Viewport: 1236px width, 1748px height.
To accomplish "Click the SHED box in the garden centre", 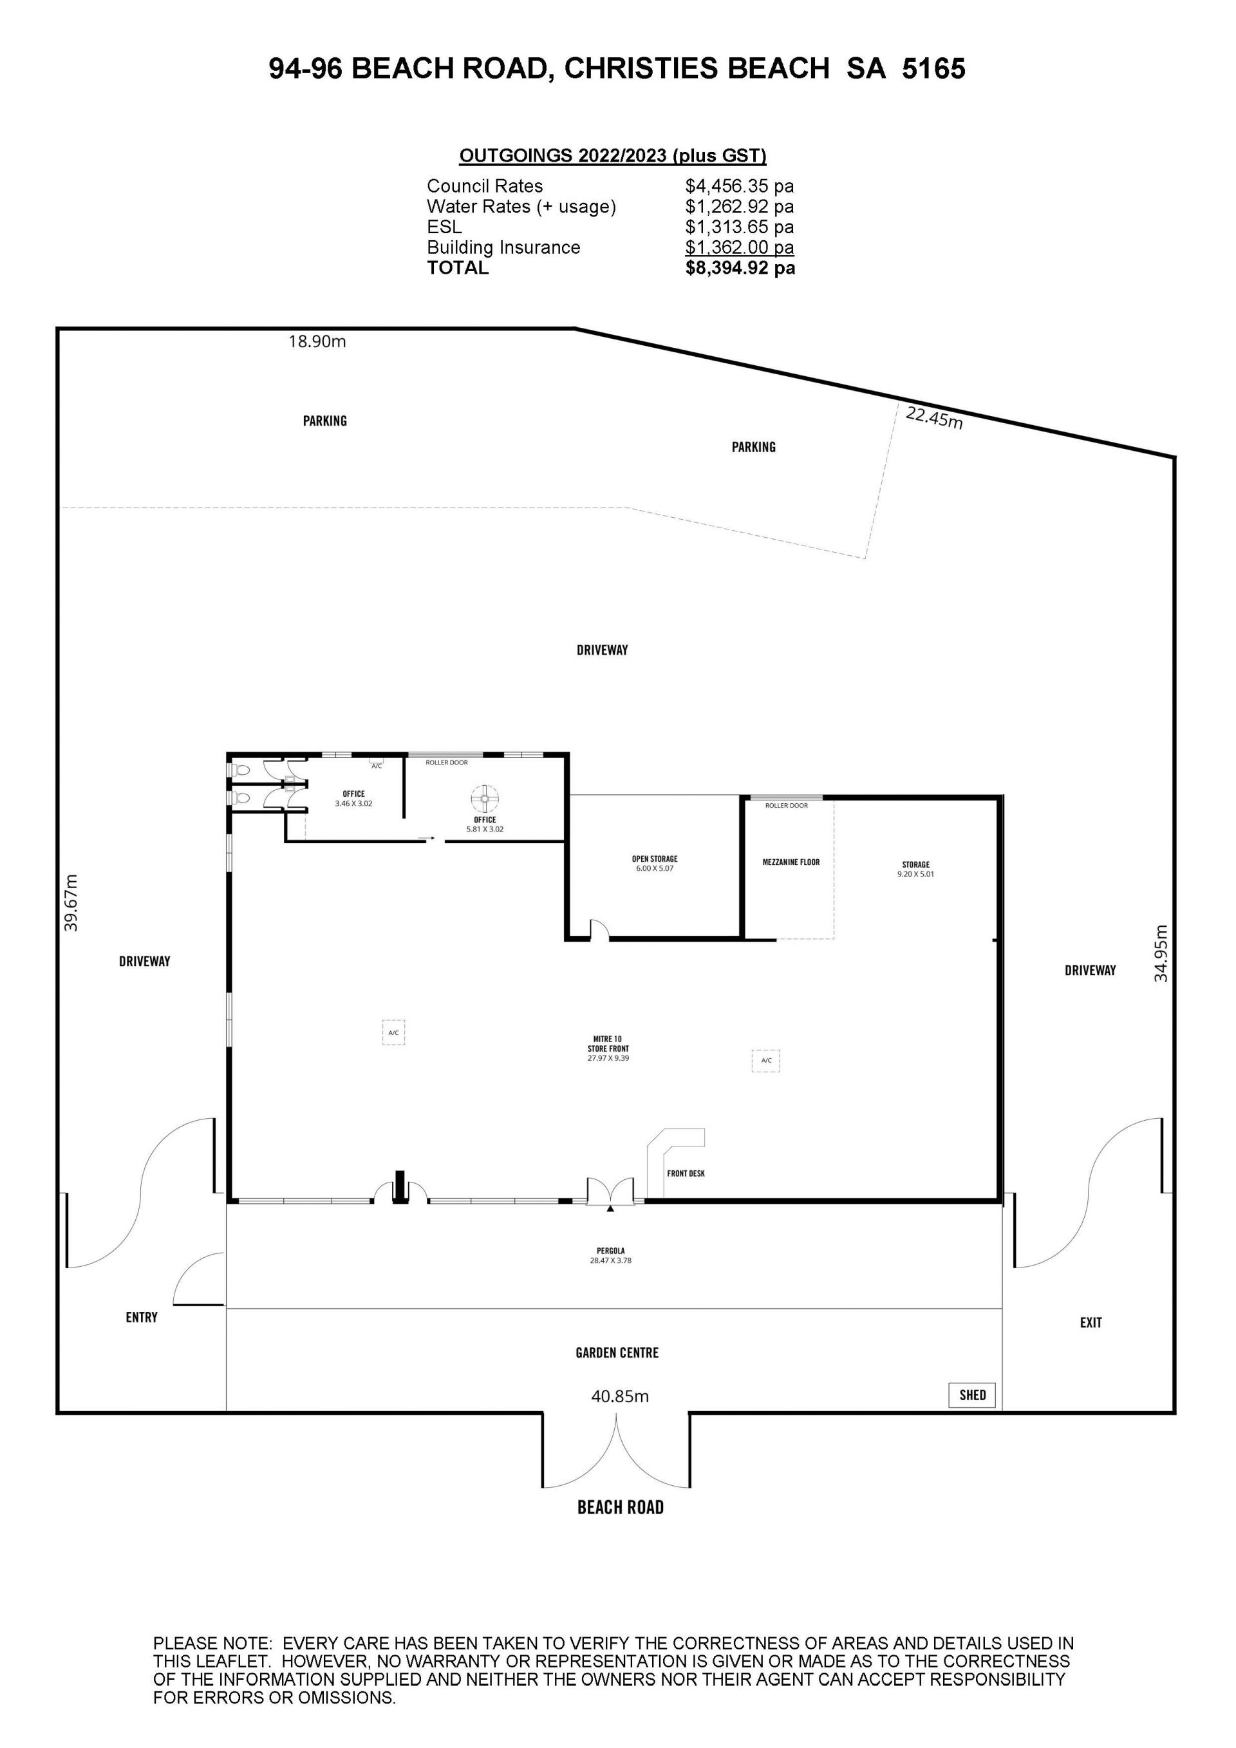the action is [x=972, y=1395].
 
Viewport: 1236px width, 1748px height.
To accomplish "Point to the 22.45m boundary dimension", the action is [x=934, y=417].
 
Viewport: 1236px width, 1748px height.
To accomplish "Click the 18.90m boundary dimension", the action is [x=317, y=342].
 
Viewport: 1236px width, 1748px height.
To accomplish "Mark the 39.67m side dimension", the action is [x=71, y=902].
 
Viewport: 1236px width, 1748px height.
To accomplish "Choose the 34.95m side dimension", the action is [x=1160, y=953].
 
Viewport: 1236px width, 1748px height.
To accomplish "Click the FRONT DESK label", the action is [x=686, y=1173].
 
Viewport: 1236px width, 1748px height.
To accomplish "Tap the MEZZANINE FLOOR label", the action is [x=791, y=862].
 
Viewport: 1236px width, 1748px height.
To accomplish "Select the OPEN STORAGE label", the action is [x=655, y=859].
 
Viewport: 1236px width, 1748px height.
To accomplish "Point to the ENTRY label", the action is [x=142, y=1317].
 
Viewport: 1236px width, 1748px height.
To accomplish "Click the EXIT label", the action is [x=1091, y=1322].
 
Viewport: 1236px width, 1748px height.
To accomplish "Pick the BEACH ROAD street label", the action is [x=621, y=1506].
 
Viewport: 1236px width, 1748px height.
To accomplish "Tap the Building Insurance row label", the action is [x=503, y=247].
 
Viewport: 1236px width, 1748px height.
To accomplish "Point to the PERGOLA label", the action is [x=610, y=1251].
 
